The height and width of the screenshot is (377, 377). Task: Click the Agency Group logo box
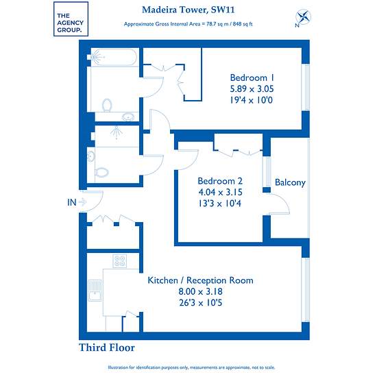coord(71,19)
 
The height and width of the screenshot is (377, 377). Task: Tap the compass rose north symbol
coord(303,18)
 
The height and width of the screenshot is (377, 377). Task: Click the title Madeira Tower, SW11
coord(188,10)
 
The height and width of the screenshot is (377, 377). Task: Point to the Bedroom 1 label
coord(252,77)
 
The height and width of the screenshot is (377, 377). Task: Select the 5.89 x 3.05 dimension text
coord(252,89)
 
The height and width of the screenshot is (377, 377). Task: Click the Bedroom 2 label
coord(220,181)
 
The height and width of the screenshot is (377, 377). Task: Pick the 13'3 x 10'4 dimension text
coord(219,204)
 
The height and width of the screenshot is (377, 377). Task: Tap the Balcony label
coord(290,182)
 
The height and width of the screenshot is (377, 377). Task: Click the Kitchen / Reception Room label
coord(200,280)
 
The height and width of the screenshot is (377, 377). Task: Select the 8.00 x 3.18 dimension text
coord(201,291)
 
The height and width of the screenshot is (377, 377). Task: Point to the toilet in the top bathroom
coord(107,105)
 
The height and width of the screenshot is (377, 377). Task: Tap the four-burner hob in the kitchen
coord(120,261)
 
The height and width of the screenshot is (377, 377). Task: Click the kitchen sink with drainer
coord(95,291)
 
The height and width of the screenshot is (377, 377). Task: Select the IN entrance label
coord(72,202)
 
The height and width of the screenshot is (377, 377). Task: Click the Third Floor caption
coord(107,348)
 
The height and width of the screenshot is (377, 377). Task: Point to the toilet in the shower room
coord(101,172)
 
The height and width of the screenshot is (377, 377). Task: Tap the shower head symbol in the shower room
coord(117,132)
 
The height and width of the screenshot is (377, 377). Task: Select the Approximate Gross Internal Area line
coord(188,24)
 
